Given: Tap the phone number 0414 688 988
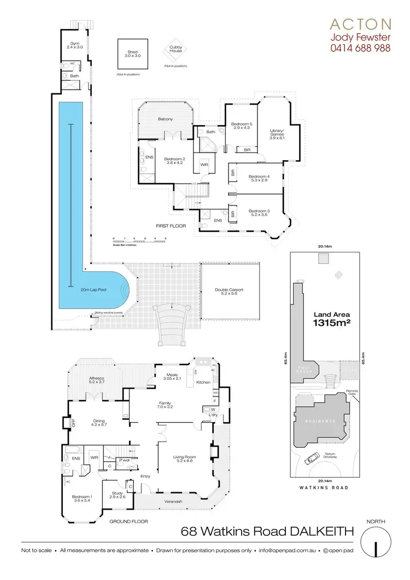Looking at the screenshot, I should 360,48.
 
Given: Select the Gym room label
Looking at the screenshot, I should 72,45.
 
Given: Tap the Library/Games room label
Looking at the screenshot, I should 278,133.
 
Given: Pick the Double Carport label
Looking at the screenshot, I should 230,292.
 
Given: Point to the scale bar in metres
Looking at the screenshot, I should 139,242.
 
